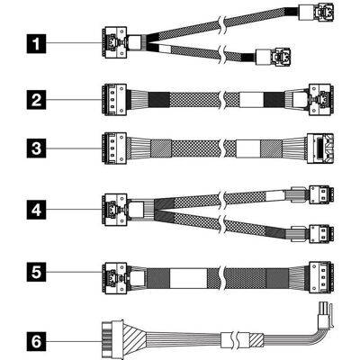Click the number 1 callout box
point(36,44)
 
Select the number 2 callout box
point(36,100)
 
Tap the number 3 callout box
point(36,148)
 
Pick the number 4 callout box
point(36,210)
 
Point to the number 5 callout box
point(36,273)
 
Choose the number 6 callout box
point(36,341)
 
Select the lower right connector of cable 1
point(273,56)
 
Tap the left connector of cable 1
point(114,42)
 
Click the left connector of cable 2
point(114,100)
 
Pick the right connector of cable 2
point(321,100)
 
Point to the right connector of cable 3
point(320,148)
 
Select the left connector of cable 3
point(114,148)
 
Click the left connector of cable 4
point(114,210)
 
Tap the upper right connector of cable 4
point(321,194)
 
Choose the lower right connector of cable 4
point(321,234)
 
